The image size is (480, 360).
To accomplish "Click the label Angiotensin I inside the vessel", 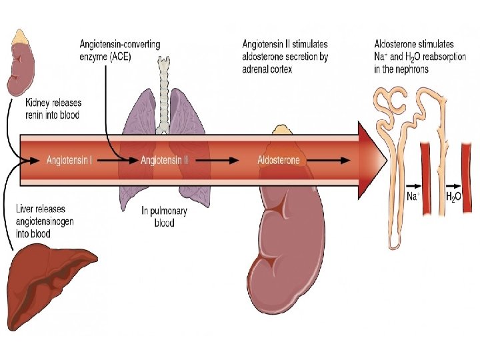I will (x=69, y=161).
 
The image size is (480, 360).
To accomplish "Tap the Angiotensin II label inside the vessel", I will (x=164, y=161).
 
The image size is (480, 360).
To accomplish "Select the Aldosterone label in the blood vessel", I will (x=279, y=161).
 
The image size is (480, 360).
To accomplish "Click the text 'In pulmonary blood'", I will (x=165, y=217).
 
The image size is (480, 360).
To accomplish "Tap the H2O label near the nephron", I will (x=453, y=197).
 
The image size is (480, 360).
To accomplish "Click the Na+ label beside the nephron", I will (x=413, y=197).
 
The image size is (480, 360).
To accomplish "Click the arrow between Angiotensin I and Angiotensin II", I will (x=118, y=161).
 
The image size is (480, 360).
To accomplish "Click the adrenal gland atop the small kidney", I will (x=21, y=36).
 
